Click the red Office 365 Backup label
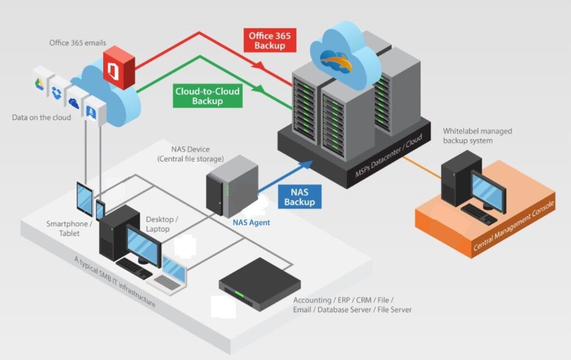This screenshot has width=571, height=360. (270, 40)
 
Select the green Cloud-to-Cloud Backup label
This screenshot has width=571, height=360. (207, 96)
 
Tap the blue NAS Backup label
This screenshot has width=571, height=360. (299, 197)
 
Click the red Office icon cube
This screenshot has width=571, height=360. (119, 69)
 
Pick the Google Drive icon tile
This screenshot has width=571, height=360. (40, 84)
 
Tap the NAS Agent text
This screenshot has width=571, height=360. (251, 222)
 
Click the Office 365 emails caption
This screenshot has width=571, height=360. (78, 43)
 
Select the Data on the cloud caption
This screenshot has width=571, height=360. (42, 118)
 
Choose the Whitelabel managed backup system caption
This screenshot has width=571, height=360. (477, 136)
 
